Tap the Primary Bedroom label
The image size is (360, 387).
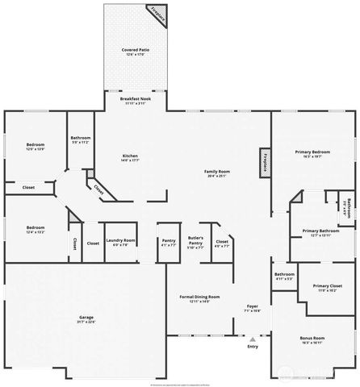point(311,153)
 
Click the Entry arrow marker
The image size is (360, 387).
point(253,339)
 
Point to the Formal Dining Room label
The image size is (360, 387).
point(199,299)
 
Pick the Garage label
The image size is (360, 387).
point(86,319)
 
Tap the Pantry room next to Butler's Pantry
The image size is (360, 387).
point(168,243)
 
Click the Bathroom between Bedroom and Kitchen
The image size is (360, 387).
point(80,139)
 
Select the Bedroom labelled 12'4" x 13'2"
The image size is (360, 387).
point(35,230)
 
